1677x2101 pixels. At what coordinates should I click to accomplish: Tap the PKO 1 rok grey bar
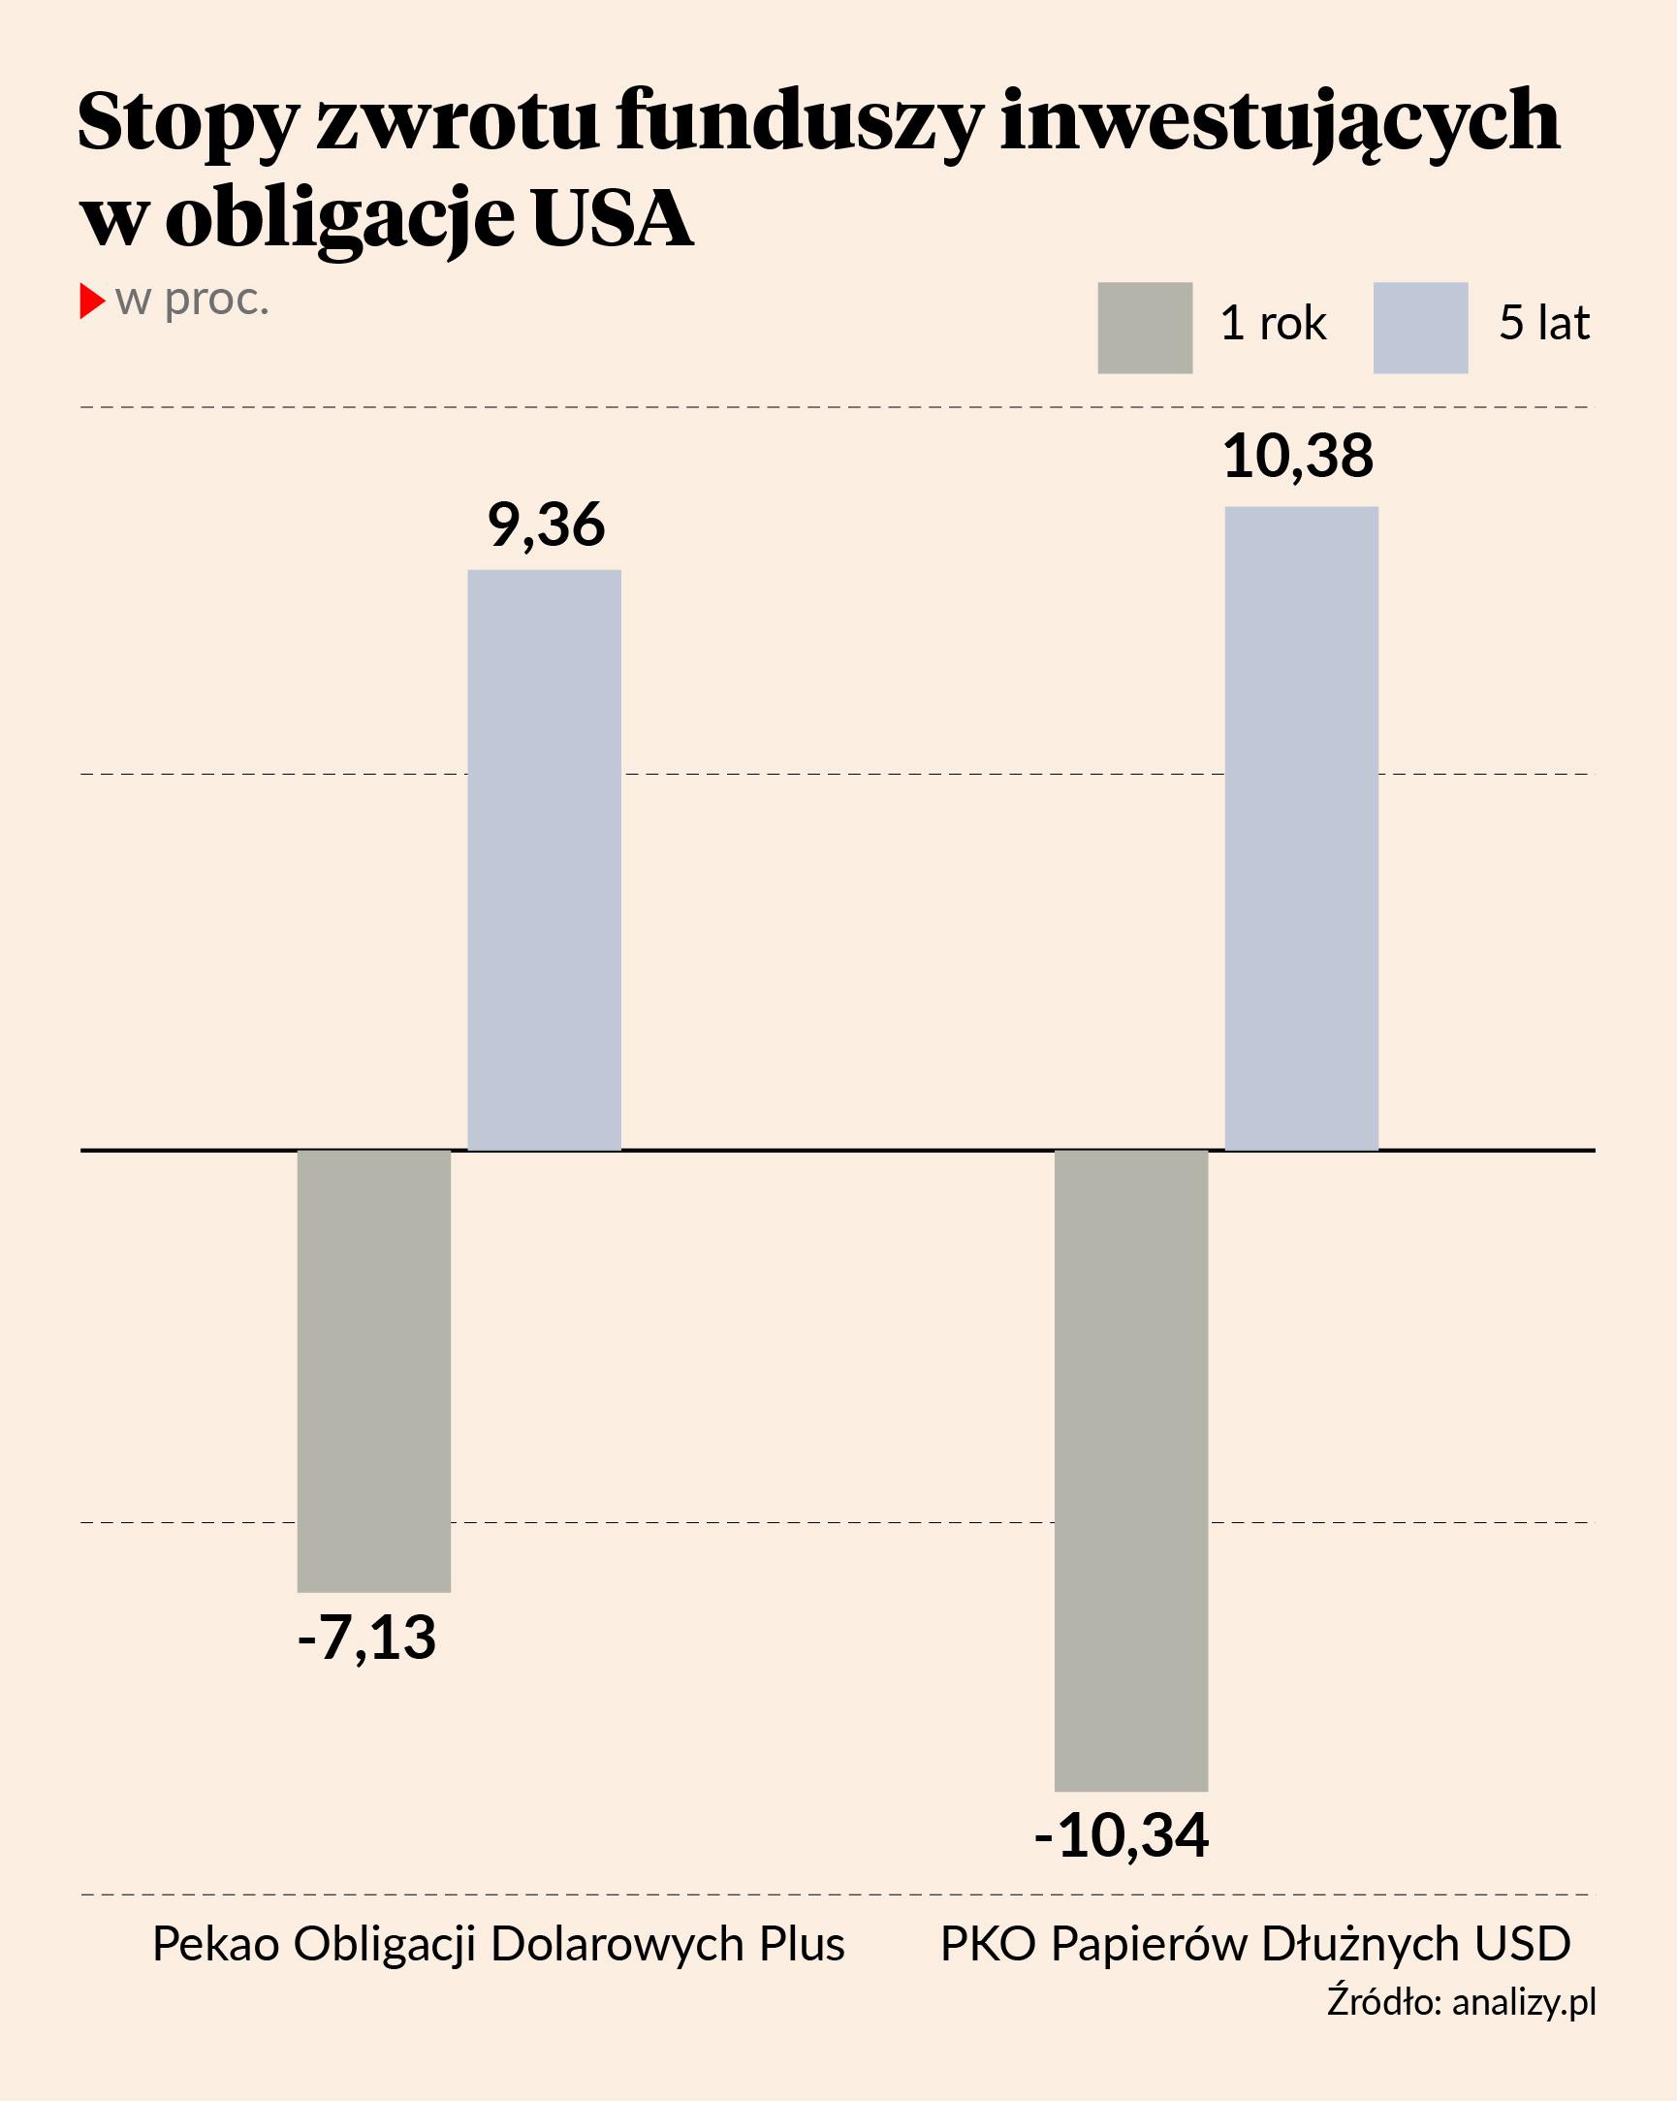tap(1130, 1471)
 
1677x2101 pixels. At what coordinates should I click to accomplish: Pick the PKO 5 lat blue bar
tap(1301, 828)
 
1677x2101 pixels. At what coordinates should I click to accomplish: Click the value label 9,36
tap(546, 525)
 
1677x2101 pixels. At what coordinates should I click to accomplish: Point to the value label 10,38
tap(1298, 456)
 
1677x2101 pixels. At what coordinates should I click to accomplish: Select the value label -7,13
tap(366, 1638)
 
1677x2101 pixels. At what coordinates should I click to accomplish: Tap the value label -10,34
tap(1121, 1835)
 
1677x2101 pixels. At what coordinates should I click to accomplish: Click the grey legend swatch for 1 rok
tap(1144, 328)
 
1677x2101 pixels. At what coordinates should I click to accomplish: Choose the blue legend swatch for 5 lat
tap(1420, 328)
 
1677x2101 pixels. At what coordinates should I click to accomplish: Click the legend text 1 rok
tap(1273, 324)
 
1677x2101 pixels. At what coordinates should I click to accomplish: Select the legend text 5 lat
tap(1543, 324)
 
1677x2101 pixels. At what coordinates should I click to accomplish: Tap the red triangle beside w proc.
tap(91, 302)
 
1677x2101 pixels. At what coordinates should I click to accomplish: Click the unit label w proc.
tap(192, 301)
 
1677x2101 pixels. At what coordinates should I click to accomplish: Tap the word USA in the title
tap(612, 218)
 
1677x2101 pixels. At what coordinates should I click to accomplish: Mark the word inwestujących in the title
tap(1280, 123)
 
